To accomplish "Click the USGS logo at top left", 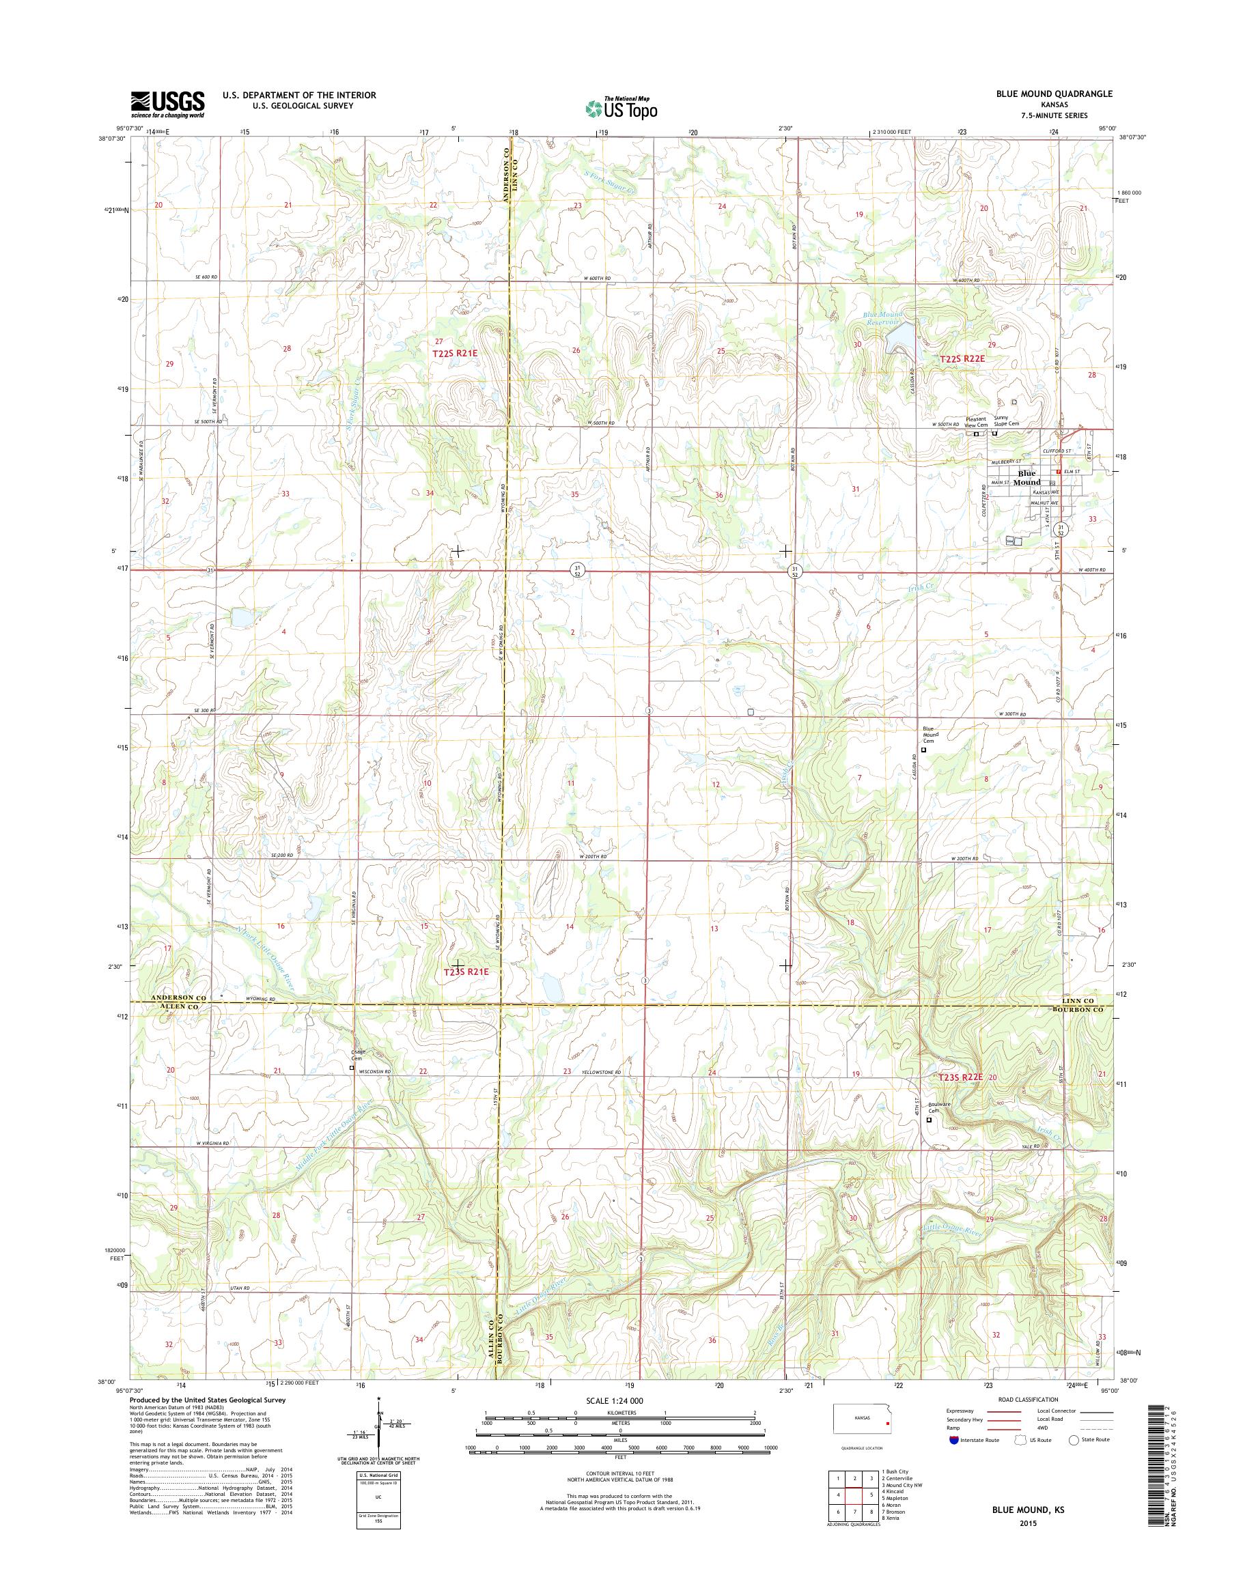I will coord(167,104).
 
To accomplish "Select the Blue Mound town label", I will coord(1028,477).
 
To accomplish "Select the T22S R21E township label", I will coord(455,353).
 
